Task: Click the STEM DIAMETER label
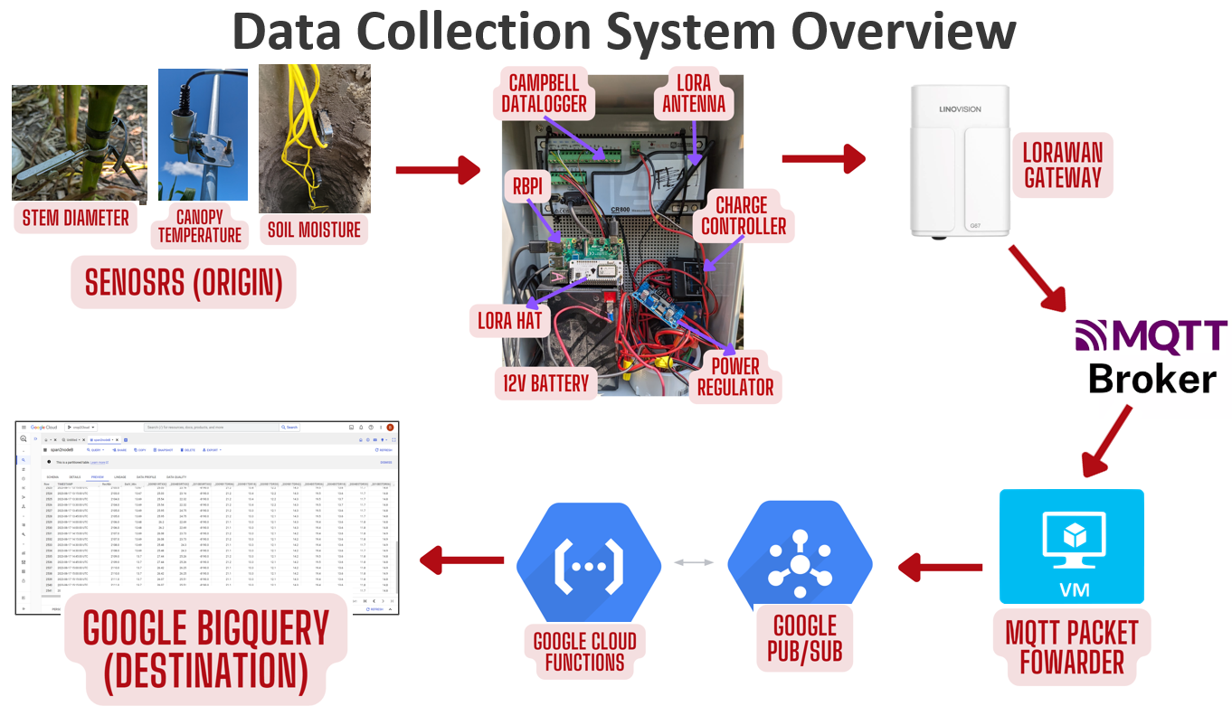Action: coord(75,217)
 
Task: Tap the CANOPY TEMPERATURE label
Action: coord(200,224)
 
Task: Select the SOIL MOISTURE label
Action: coord(314,229)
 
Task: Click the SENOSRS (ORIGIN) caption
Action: coord(184,282)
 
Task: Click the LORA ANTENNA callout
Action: coord(694,93)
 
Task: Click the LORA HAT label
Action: coord(510,318)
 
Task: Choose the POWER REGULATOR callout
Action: coord(735,377)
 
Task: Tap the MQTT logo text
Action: coord(1151,335)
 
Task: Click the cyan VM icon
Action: coord(1071,546)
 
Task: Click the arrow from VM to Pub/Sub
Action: coord(939,568)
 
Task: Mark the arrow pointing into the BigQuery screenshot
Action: coord(462,560)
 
